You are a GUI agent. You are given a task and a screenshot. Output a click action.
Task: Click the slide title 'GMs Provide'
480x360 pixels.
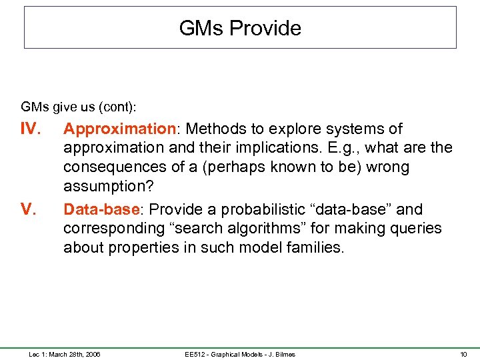click(240, 28)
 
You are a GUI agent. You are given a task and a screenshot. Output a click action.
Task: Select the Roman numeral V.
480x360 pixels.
click(29, 209)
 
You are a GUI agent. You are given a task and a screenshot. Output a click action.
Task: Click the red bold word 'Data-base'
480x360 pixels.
click(100, 209)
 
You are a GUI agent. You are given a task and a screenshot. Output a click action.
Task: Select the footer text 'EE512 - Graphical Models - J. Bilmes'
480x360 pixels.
click(240, 354)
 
